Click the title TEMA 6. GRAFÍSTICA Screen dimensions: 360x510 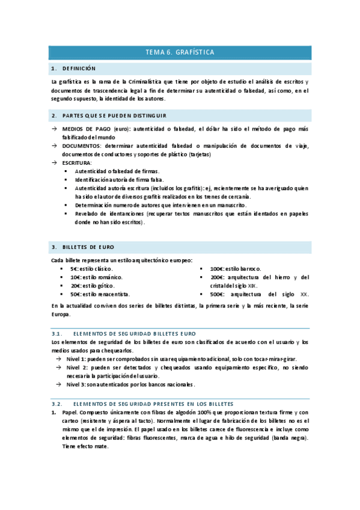click(x=180, y=52)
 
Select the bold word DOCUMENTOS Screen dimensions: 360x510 click(x=81, y=146)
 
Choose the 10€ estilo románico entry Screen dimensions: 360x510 click(x=96, y=277)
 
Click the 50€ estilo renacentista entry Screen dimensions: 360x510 click(x=99, y=295)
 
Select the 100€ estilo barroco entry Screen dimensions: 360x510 click(x=235, y=269)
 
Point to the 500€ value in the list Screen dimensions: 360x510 click(x=217, y=295)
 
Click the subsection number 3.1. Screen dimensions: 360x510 click(x=57, y=333)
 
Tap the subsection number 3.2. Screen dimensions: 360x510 click(x=57, y=404)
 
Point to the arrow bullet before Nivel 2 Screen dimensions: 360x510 click(x=59, y=367)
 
